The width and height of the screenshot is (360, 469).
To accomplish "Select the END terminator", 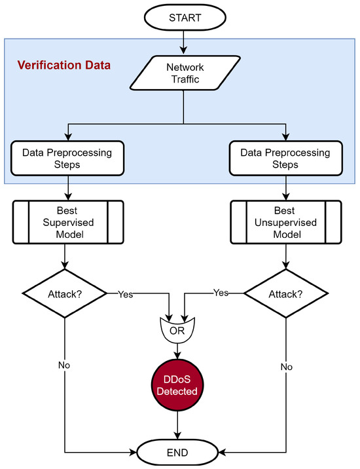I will click(x=177, y=452).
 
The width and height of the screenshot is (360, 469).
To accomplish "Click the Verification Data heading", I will click(x=63, y=66).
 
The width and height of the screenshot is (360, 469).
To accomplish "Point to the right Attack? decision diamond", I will click(x=287, y=293).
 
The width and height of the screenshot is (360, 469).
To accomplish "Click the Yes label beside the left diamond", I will click(x=125, y=294).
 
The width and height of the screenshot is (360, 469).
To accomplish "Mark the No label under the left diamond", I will click(x=64, y=365).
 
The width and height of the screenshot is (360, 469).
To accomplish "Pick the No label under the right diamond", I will click(x=286, y=367).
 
